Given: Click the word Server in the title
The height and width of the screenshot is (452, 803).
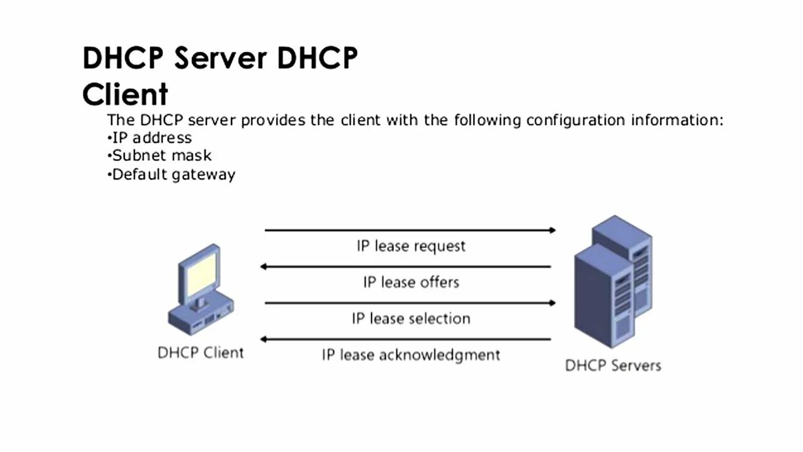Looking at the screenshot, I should coord(220,58).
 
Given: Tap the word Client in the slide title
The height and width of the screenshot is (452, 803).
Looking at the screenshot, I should coord(125,94).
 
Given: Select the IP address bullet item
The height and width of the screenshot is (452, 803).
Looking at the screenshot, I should coord(151,137).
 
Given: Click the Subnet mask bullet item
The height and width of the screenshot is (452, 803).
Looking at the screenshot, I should coord(161,155).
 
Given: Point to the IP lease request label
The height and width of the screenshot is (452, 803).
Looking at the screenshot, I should coord(411,245).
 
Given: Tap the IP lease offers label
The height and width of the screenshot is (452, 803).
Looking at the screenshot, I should coord(411,282).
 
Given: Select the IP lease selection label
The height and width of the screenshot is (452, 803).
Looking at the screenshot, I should coord(411,318).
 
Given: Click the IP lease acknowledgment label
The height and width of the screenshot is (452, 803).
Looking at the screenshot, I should coord(411,355).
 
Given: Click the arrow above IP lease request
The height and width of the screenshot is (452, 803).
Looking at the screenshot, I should coord(410,230).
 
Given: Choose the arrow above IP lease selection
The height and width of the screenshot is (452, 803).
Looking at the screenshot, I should coord(410,303).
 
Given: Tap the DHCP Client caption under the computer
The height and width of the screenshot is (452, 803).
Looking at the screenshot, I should coord(200,352).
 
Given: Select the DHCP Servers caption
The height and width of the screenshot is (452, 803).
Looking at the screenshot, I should coord(613,365).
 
